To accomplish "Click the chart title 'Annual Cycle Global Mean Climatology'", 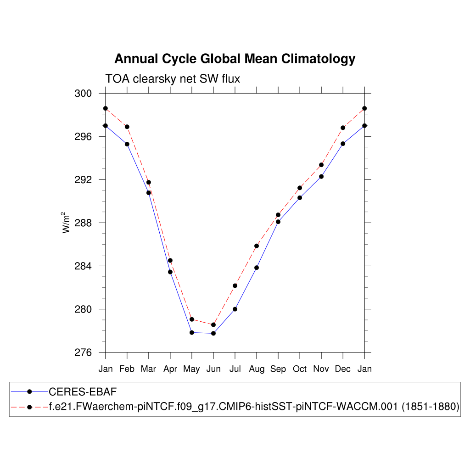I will point(235,59).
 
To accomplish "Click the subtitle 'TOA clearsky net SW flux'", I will point(173,79).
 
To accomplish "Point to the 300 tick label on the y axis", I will point(83,94).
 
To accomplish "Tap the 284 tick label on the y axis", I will point(83,266).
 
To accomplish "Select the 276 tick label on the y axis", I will point(83,352).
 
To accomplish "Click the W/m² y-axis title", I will point(67,223).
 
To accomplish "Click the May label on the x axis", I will point(191,369).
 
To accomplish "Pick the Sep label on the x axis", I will point(278,369).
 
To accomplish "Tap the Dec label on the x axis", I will point(342,369).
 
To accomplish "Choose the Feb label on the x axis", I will point(127,369).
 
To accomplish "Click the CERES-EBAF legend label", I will point(83,392).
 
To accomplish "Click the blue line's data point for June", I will point(213,333).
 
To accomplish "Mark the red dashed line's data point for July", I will point(235,285).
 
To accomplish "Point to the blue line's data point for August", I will point(257,268).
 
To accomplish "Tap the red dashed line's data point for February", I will point(127,127).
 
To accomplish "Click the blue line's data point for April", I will point(170,272).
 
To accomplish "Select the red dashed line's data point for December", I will point(343,128).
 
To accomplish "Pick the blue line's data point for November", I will point(321,176).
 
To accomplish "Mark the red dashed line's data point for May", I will point(192,319).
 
